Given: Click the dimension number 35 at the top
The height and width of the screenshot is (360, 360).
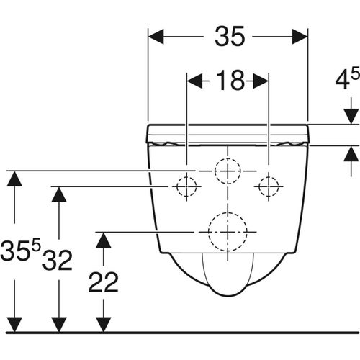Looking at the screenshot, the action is (x=230, y=37).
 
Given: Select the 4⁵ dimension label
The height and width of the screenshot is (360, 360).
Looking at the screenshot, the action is (x=348, y=79).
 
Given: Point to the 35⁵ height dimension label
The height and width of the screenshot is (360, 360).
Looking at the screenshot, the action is (x=20, y=250).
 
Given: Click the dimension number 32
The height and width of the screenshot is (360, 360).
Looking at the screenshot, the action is (x=58, y=260).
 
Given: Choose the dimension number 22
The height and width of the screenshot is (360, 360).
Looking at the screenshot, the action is (x=104, y=282).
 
